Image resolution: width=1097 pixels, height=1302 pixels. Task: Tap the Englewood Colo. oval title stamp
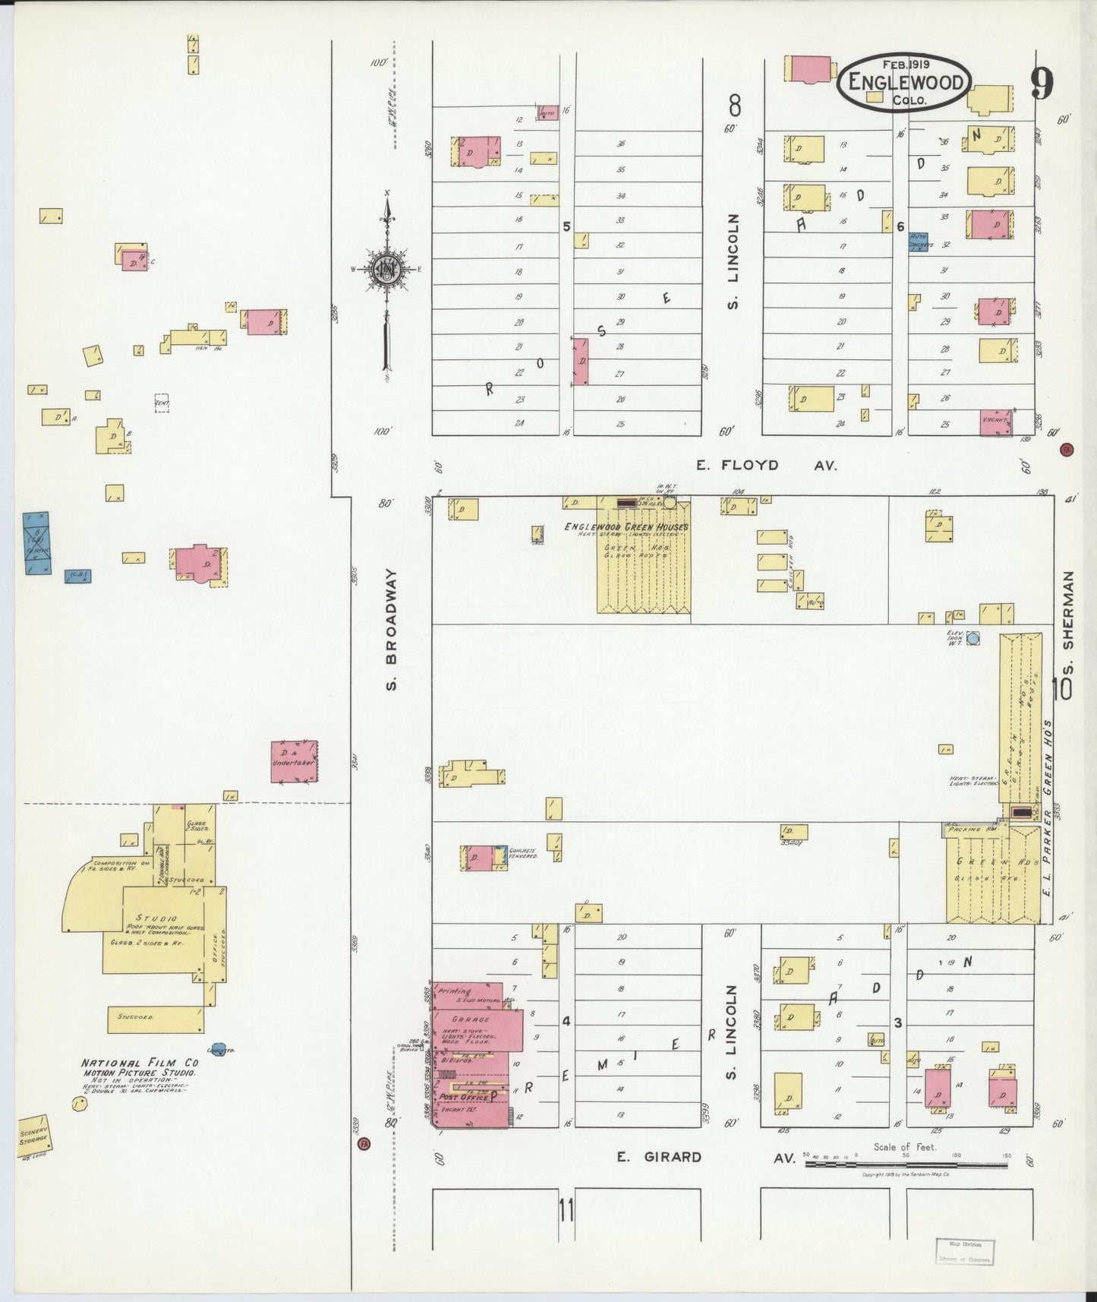pyautogui.click(x=903, y=82)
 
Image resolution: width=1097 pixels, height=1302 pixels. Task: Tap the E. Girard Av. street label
pyautogui.click(x=706, y=1158)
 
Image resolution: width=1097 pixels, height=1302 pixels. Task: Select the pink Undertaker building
pyautogui.click(x=295, y=761)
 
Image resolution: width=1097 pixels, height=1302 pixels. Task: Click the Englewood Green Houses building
pyautogui.click(x=644, y=562)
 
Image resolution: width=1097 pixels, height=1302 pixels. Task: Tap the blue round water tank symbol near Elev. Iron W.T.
pyautogui.click(x=974, y=639)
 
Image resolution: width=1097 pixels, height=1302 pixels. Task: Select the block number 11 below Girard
pyautogui.click(x=566, y=1209)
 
